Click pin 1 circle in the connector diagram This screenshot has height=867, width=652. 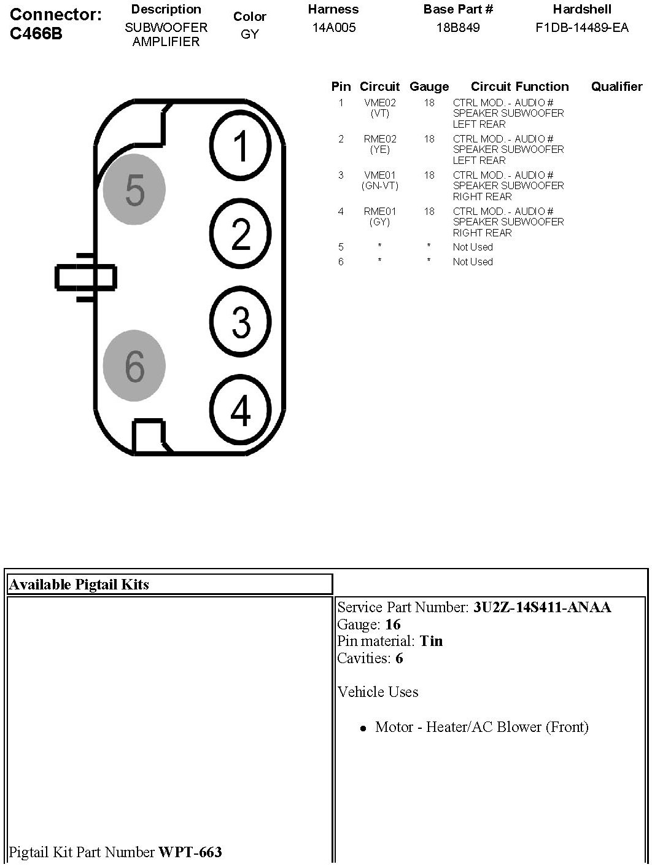pyautogui.click(x=241, y=145)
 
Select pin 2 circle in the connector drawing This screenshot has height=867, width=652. pyautogui.click(x=241, y=233)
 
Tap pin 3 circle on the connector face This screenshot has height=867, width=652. pyautogui.click(x=241, y=321)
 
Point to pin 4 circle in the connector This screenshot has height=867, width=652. pyautogui.click(x=241, y=410)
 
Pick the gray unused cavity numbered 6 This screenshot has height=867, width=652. pyautogui.click(x=134, y=365)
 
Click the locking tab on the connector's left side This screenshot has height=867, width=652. pyautogui.click(x=85, y=277)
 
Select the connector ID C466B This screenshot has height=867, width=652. pyautogui.click(x=36, y=34)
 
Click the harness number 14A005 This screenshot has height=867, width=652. pyautogui.click(x=333, y=28)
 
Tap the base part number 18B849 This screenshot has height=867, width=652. pyautogui.click(x=458, y=28)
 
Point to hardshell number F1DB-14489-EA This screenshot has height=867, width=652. pyautogui.click(x=582, y=28)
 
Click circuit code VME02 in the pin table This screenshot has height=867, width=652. pyautogui.click(x=380, y=103)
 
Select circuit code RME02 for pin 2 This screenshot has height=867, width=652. pyautogui.click(x=380, y=139)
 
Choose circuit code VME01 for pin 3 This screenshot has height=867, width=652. pyautogui.click(x=380, y=176)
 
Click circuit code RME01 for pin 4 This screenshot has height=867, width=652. pyautogui.click(x=380, y=212)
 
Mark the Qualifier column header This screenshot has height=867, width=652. pyautogui.click(x=616, y=87)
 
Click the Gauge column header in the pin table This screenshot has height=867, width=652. pyautogui.click(x=429, y=87)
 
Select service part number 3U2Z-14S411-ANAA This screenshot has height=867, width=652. pyautogui.click(x=542, y=607)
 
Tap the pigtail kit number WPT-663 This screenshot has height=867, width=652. pyautogui.click(x=190, y=852)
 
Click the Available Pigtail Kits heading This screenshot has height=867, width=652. pyautogui.click(x=79, y=584)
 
